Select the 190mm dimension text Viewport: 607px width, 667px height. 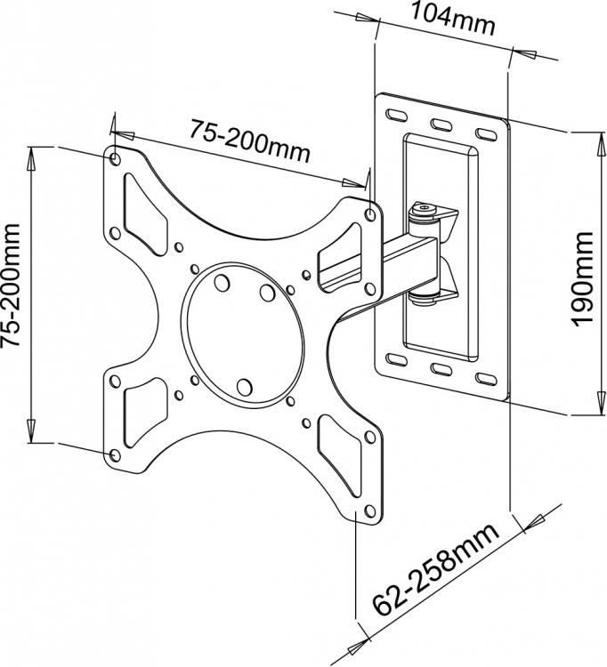pos(582,278)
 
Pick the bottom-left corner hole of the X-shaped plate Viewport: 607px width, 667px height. pos(113,454)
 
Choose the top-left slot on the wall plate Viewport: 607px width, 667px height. pos(394,114)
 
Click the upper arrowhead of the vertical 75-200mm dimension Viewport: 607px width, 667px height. pos(31,158)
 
